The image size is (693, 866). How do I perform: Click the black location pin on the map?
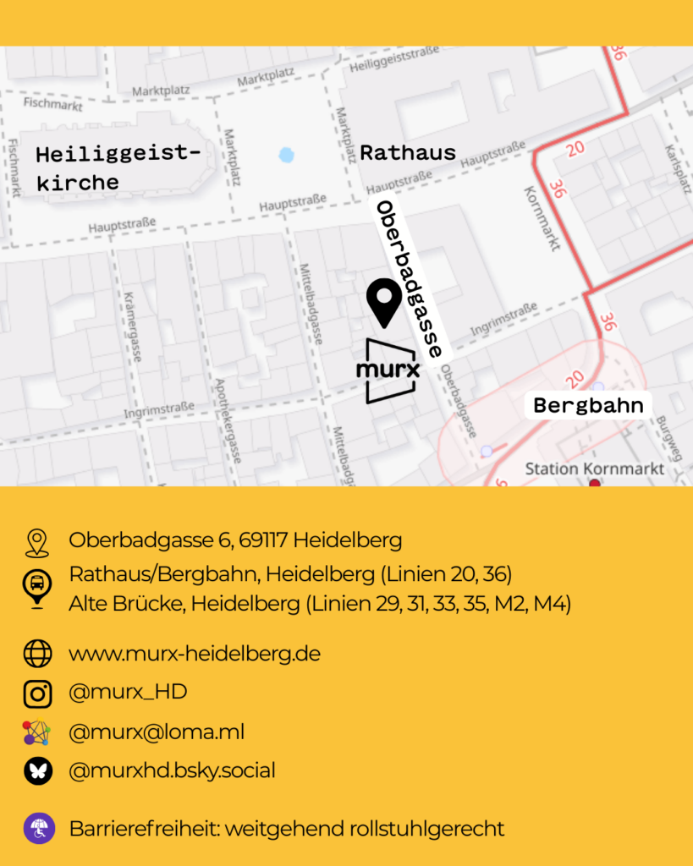click(384, 302)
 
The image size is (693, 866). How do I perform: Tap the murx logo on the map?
click(389, 370)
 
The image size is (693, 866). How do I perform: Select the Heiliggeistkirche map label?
click(118, 167)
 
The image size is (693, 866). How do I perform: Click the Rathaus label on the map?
click(408, 153)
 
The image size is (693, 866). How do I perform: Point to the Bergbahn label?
click(588, 405)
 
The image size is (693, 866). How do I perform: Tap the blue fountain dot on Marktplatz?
click(287, 155)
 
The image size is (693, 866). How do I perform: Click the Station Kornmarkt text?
click(594, 469)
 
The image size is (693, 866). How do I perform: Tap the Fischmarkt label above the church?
click(53, 105)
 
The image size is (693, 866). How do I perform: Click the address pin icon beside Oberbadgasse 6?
click(36, 542)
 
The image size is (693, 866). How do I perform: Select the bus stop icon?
click(37, 588)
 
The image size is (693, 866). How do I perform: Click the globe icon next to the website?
click(37, 654)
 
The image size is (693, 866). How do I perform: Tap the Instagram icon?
click(37, 693)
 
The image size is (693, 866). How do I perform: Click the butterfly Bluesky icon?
click(37, 770)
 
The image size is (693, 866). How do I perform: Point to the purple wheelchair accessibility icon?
click(39, 828)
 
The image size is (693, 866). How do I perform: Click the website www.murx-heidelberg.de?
click(195, 654)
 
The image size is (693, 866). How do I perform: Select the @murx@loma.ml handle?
click(157, 732)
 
